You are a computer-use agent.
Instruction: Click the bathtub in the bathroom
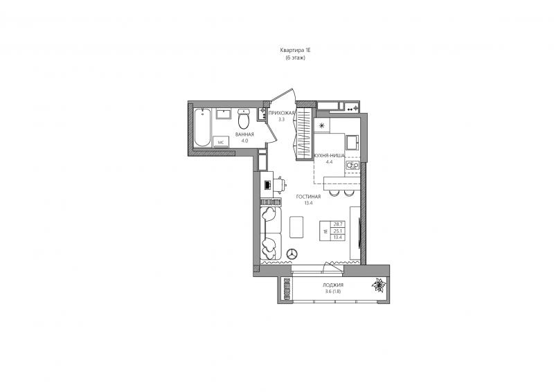202,127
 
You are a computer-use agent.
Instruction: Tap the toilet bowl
244,118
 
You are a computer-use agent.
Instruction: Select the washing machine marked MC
221,142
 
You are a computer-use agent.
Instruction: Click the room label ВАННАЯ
244,134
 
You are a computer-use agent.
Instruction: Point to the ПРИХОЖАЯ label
281,113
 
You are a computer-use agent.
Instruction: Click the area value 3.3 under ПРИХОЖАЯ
281,120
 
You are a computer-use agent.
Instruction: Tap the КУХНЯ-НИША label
330,155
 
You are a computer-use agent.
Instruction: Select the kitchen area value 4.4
330,162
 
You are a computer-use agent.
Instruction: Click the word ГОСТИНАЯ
308,197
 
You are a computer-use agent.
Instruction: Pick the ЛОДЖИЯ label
333,285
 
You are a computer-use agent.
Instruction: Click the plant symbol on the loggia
379,285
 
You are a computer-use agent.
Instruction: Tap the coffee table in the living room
296,227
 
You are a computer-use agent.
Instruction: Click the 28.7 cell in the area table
338,224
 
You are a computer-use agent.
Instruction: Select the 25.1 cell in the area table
338,231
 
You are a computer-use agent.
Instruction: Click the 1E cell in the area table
325,231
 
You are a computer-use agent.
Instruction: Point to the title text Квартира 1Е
295,51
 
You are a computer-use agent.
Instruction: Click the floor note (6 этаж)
295,57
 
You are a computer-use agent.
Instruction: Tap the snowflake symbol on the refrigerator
321,125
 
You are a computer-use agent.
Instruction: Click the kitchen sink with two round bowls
352,165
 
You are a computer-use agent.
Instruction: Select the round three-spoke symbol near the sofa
292,253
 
